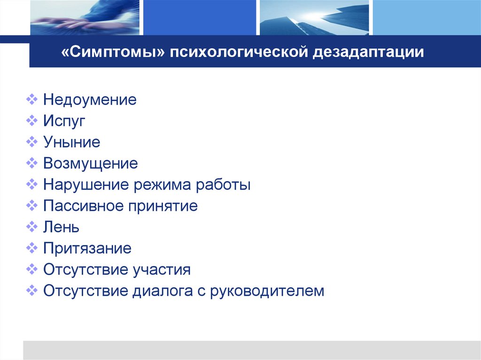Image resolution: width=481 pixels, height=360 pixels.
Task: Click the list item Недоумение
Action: pyautogui.click(x=90, y=100)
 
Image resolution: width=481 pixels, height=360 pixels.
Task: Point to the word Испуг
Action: pyautogui.click(x=64, y=121)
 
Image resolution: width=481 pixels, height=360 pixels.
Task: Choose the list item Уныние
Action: pyautogui.click(x=71, y=142)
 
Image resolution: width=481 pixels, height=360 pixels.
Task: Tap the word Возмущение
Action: pyautogui.click(x=91, y=163)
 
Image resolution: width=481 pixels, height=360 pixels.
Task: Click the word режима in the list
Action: pyautogui.click(x=158, y=184)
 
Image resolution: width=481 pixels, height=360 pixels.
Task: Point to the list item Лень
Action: pyautogui.click(x=61, y=227)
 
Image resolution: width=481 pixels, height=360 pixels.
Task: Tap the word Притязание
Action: pyautogui.click(x=87, y=248)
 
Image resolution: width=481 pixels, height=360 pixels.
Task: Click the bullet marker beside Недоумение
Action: pyautogui.click(x=32, y=100)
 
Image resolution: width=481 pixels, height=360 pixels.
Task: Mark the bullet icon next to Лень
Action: pyautogui.click(x=32, y=227)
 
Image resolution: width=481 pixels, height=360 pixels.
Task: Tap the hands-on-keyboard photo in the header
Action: pyautogui.click(x=85, y=17)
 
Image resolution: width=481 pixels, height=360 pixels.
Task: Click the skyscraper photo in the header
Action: pyautogui.click(x=314, y=17)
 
